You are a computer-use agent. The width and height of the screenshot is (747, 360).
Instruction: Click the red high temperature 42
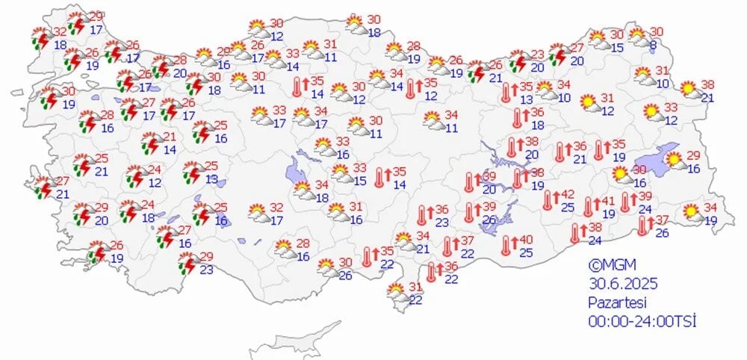568,194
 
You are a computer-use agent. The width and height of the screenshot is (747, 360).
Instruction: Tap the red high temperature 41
609,200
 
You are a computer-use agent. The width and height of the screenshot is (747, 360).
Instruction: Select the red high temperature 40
527,239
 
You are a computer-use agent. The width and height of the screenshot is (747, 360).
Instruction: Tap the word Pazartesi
616,302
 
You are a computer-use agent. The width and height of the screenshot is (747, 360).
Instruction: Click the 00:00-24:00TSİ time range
642,321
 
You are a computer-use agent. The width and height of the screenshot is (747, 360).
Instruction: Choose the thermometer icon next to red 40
508,243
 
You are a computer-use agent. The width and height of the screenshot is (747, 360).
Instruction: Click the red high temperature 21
170,137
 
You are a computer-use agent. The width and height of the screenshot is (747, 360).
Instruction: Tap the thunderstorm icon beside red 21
152,143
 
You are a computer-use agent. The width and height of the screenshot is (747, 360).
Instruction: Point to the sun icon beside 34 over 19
692,213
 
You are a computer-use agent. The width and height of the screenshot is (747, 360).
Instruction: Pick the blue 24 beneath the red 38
595,240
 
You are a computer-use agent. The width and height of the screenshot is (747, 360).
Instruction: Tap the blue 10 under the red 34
564,96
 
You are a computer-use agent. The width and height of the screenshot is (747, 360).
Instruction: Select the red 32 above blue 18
61,32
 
